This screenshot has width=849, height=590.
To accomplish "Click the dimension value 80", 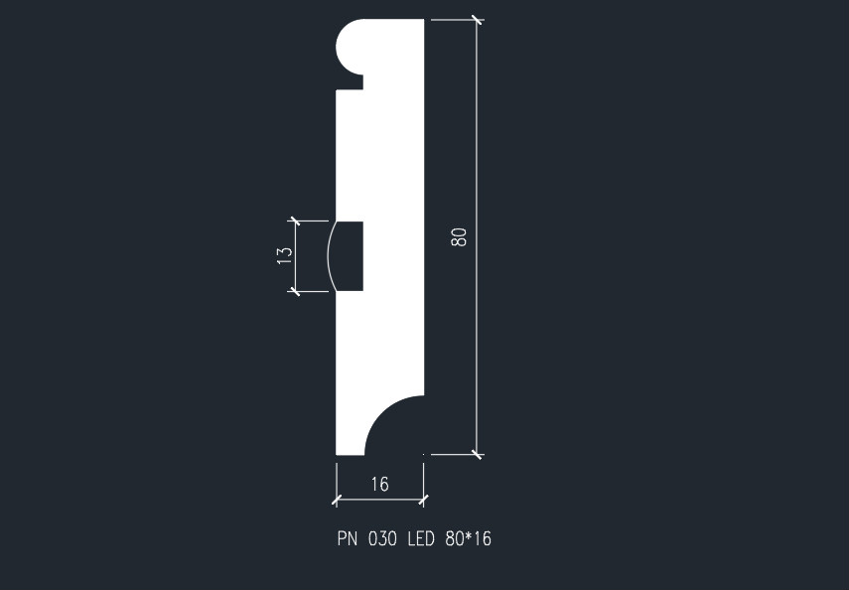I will coord(459,236).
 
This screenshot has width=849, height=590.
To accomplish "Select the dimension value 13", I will coord(285,253).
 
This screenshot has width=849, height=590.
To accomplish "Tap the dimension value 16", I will coord(379,484).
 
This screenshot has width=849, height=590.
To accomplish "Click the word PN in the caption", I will coord(348,540).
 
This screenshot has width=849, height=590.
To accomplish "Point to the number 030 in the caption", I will coord(382,540).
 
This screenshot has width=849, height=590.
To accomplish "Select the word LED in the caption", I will coord(421,540).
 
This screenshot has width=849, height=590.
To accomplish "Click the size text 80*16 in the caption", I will coord(469,540).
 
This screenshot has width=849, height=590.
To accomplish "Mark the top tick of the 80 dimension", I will coord(477,19).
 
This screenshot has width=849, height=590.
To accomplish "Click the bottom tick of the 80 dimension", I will coord(477,454).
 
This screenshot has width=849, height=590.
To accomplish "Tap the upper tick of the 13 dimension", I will coord(294,221).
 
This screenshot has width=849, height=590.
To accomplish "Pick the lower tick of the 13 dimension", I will coord(294,290).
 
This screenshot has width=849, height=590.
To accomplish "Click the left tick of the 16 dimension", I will coord(337,498).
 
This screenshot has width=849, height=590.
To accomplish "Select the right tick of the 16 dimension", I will coord(424,498).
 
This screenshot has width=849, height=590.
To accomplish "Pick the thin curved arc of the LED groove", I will coord(328,255).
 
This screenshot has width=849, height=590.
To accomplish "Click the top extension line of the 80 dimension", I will coord(451,19).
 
